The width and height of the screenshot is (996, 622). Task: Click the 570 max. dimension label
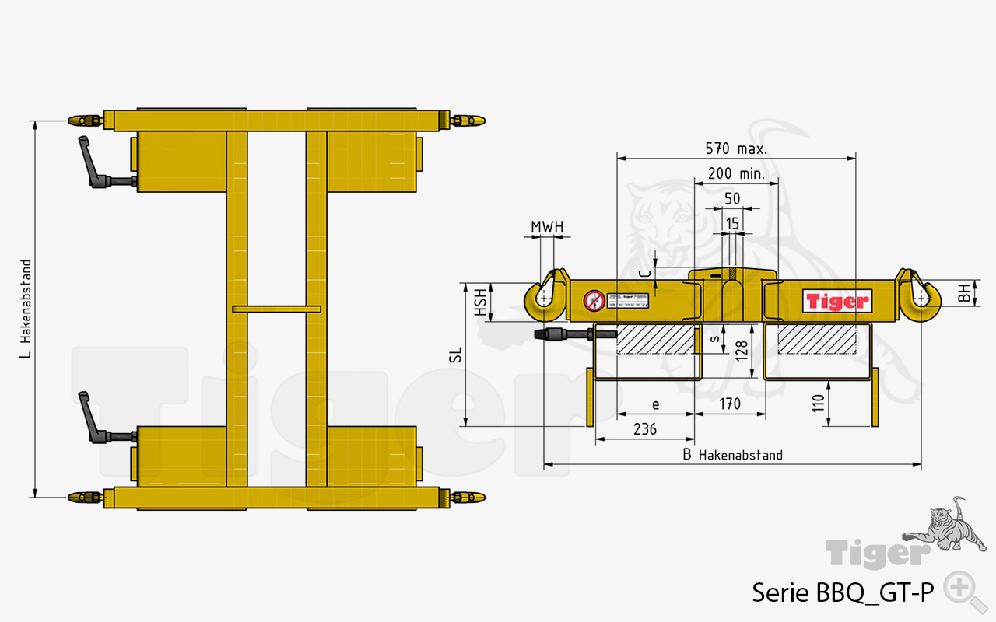tap(735, 149)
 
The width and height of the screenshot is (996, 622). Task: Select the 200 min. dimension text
tap(735, 173)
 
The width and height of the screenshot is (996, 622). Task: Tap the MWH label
tap(547, 227)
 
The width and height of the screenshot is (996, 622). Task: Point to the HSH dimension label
tap(482, 302)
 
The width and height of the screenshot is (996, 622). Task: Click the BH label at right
tap(964, 293)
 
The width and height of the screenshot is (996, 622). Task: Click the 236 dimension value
tap(645, 429)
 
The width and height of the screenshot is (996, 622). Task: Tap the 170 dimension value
tap(729, 404)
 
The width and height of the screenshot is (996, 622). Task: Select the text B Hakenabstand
tap(732, 455)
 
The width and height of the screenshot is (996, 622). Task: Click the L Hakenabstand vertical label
tap(26, 309)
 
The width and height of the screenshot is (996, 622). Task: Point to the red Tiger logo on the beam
tap(836, 301)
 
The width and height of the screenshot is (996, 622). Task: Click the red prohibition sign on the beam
tap(594, 300)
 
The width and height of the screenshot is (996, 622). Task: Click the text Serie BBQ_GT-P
tap(842, 593)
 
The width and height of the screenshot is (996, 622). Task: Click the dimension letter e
tap(655, 404)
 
